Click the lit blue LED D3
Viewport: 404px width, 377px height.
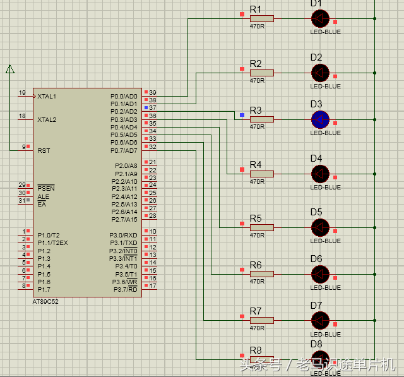click(320, 119)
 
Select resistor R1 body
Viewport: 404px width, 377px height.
click(261, 19)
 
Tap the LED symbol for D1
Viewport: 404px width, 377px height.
click(320, 18)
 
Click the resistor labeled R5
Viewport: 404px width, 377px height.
click(261, 227)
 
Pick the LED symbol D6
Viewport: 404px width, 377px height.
click(320, 273)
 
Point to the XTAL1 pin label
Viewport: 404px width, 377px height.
click(47, 97)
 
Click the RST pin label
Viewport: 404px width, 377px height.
click(44, 151)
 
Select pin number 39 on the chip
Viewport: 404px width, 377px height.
click(153, 93)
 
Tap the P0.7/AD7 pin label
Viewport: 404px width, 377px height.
click(124, 150)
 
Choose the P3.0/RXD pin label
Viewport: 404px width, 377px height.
click(123, 235)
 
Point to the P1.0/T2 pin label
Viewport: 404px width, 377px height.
click(48, 235)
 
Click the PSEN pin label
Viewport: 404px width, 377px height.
click(45, 188)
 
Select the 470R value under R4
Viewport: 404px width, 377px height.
click(257, 182)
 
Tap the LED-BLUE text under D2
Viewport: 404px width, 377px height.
click(325, 87)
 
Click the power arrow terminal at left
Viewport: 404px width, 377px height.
click(10, 69)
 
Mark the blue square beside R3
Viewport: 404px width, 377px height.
click(242, 115)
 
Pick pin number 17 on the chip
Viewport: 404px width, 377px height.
click(153, 286)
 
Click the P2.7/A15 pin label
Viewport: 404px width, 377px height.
click(124, 220)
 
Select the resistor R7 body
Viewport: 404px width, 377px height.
click(261, 320)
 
